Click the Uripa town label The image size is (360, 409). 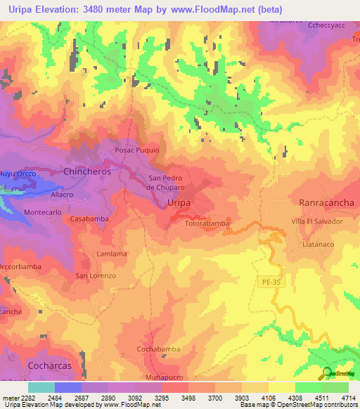pos(181,202)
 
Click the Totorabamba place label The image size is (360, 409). pos(207,223)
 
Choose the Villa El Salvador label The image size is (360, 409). pos(317,221)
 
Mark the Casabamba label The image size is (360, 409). pos(88,219)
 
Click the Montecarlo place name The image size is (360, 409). pos(44,212)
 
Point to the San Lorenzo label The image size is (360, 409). pos(96,276)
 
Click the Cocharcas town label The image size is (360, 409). pos(50,366)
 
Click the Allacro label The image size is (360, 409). pos(62,193)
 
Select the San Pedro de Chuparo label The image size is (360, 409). pos(165,183)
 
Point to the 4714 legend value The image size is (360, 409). pos(347,398)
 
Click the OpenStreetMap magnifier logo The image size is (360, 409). pos(327,373)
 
